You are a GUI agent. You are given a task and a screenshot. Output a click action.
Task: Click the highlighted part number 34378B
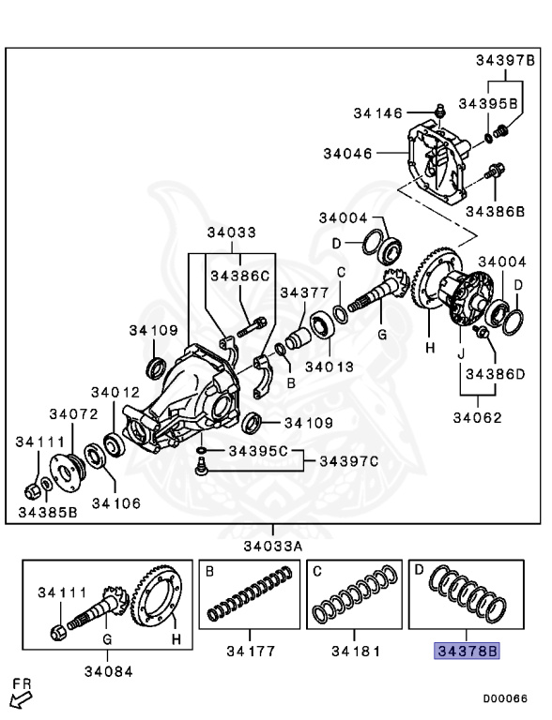pyautogui.click(x=467, y=651)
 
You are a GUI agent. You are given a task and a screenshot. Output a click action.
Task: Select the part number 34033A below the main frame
pyautogui.click(x=273, y=546)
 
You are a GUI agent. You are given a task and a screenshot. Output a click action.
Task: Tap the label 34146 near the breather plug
pyautogui.click(x=377, y=112)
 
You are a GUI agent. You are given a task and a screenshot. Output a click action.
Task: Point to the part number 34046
pyautogui.click(x=347, y=154)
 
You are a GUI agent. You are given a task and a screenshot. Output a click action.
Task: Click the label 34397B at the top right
pyautogui.click(x=505, y=60)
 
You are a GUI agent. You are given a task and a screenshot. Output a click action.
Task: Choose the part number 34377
pyautogui.click(x=304, y=292)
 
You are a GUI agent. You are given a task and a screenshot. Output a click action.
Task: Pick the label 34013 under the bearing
pyautogui.click(x=330, y=367)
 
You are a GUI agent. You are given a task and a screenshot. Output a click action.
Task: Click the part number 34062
pyautogui.click(x=477, y=418)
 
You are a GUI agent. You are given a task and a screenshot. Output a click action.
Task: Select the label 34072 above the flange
pyautogui.click(x=73, y=414)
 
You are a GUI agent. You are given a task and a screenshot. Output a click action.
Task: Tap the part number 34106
pyautogui.click(x=115, y=503)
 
